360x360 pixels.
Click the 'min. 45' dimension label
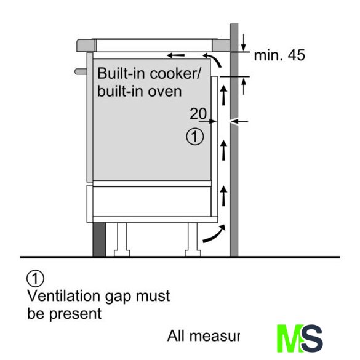coord(279,55)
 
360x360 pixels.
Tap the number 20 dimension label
coord(198,113)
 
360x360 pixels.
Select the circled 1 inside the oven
coord(194,137)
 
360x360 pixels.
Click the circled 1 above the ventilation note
coord(35,279)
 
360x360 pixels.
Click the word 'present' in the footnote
coord(76,314)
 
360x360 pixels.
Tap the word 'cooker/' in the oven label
coord(175,74)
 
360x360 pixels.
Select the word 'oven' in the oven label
coord(165,92)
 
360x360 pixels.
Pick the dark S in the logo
coord(311,338)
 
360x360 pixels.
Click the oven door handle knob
coord(81,71)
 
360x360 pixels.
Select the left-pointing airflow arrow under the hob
coord(175,55)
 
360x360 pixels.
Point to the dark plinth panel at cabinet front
coord(99,239)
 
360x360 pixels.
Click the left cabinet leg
coord(122,239)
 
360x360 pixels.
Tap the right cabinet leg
coord(193,239)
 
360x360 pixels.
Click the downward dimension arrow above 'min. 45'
coord(244,42)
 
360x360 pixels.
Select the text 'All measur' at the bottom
coord(204,336)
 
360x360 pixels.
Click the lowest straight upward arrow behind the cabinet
coord(223,196)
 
